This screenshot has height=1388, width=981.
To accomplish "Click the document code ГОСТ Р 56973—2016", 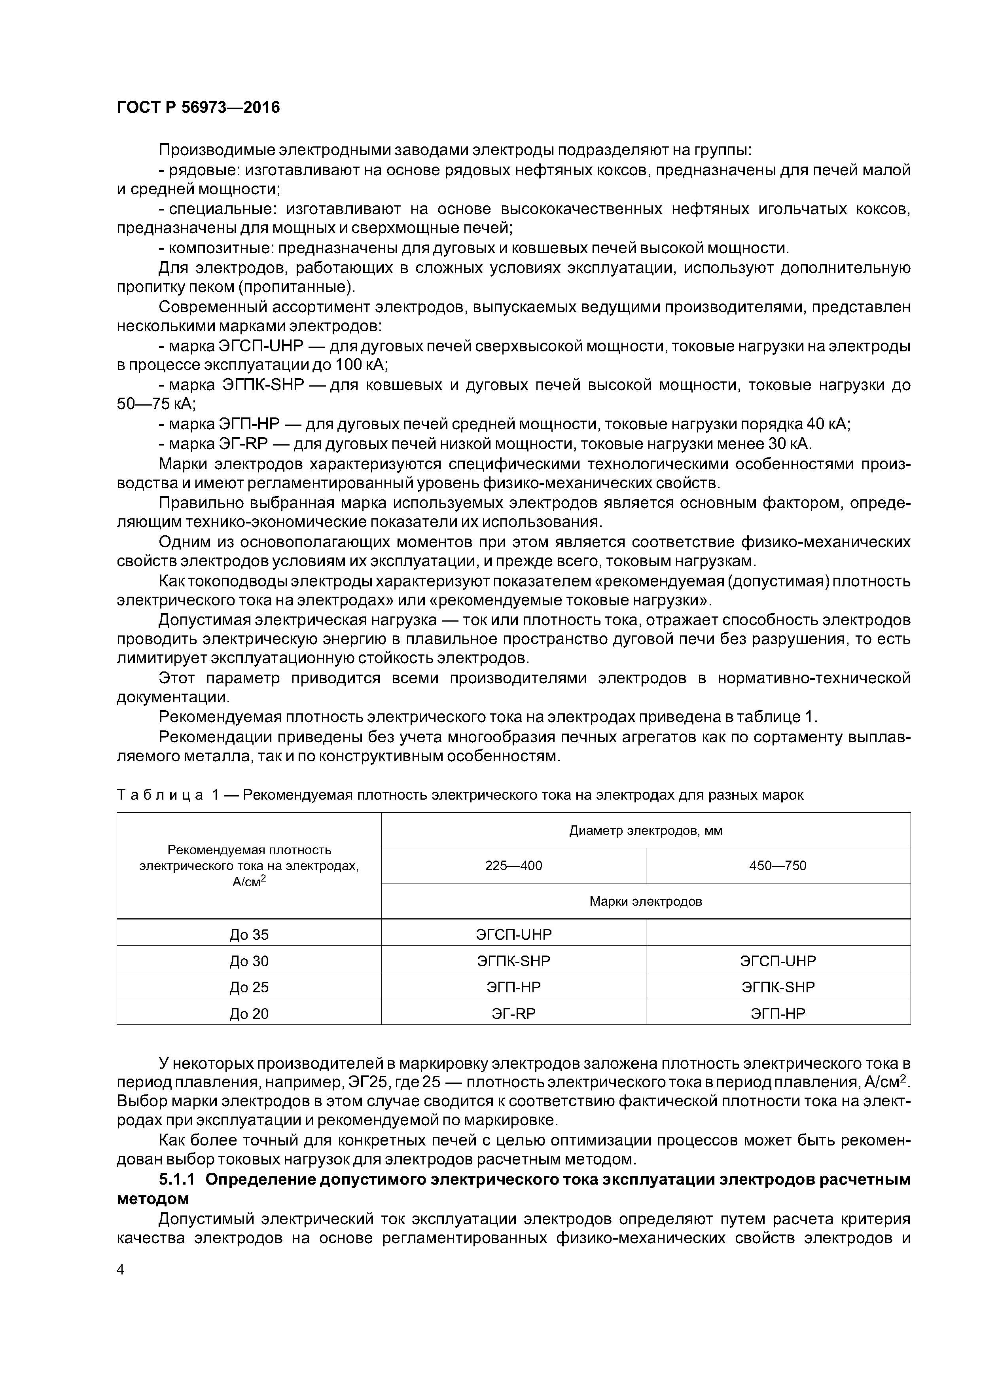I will pyautogui.click(x=198, y=108).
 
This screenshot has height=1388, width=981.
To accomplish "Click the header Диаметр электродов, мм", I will pyautogui.click(x=646, y=831).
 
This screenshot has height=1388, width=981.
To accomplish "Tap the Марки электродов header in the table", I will pyautogui.click(x=646, y=901).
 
